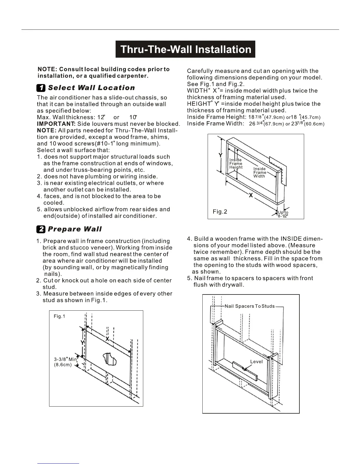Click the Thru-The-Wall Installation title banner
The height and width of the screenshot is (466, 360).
click(185, 49)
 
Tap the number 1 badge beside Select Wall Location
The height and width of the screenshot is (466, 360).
click(41, 88)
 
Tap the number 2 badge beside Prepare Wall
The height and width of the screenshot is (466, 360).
click(41, 229)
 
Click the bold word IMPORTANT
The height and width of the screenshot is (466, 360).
click(56, 124)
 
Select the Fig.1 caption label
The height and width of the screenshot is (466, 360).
click(59, 316)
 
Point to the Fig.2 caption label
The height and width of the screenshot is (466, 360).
click(220, 212)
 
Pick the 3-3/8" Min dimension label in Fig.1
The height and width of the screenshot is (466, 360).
click(65, 359)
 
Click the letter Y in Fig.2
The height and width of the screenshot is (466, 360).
click(221, 155)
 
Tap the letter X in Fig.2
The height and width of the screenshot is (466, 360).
click(251, 195)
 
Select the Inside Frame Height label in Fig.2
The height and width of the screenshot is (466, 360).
click(236, 164)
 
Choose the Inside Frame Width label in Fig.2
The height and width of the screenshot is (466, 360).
click(259, 172)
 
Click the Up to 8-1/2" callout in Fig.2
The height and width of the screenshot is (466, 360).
click(283, 214)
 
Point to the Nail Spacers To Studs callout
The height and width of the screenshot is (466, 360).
click(249, 306)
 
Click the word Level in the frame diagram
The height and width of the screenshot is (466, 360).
click(256, 362)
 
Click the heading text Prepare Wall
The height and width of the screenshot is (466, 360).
click(75, 229)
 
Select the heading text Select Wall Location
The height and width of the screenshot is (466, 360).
click(91, 88)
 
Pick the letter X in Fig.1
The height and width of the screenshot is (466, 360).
click(107, 339)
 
